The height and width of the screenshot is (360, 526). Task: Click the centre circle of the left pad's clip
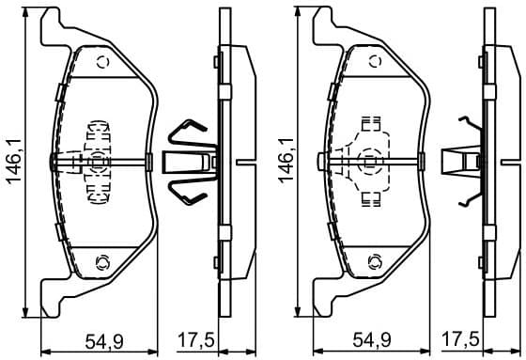[x=99, y=161]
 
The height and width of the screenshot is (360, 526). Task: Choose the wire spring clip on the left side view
[x=191, y=162]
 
